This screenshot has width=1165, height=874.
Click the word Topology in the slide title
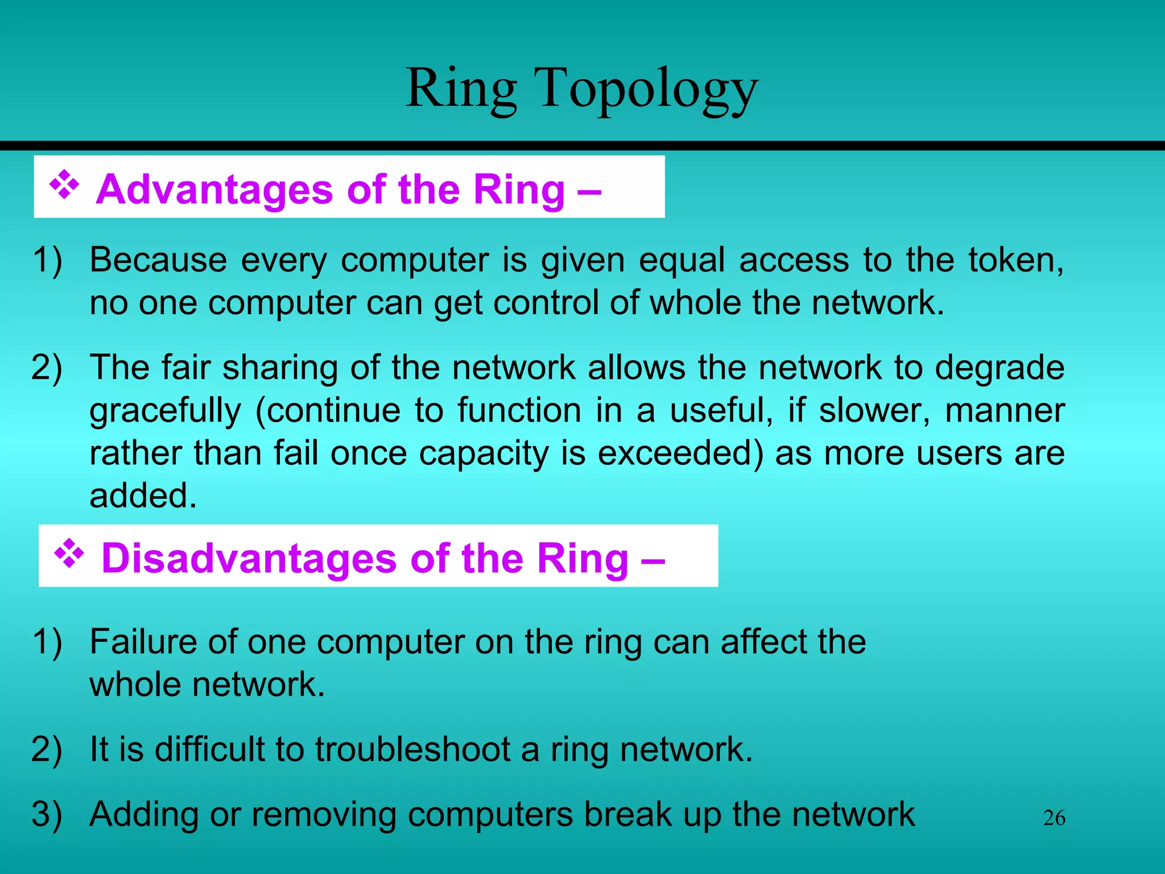click(x=646, y=90)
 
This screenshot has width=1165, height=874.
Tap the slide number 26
click(x=1054, y=818)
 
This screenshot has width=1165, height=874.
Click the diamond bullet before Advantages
click(x=64, y=185)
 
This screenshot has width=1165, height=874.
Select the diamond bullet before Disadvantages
click(x=69, y=554)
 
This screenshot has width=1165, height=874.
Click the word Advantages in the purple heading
click(x=214, y=189)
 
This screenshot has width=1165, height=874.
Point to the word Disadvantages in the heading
click(x=249, y=558)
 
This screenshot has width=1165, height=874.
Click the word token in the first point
click(x=1015, y=260)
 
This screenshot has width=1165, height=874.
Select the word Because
click(x=158, y=260)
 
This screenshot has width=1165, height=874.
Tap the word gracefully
click(x=165, y=411)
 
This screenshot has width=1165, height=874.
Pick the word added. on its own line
click(x=143, y=496)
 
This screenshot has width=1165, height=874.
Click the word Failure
click(x=142, y=642)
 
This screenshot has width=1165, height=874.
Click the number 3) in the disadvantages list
click(x=47, y=814)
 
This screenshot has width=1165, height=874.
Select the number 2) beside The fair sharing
click(x=47, y=368)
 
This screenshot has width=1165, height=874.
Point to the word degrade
click(x=999, y=368)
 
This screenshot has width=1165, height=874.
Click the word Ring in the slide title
click(x=461, y=90)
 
